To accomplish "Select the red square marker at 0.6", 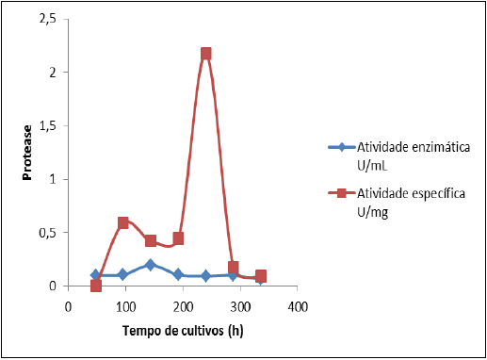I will (123, 222).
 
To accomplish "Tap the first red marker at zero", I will (96, 286).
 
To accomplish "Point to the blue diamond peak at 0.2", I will (151, 265).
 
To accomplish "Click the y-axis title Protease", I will (27, 152).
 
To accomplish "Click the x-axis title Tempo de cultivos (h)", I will (183, 332).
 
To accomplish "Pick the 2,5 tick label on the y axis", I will (46, 19).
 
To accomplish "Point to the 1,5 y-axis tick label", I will (46, 125).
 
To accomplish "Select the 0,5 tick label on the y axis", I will (46, 233).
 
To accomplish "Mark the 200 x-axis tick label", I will (183, 305).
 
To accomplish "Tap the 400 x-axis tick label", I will (298, 305).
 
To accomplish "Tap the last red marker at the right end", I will (261, 276).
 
